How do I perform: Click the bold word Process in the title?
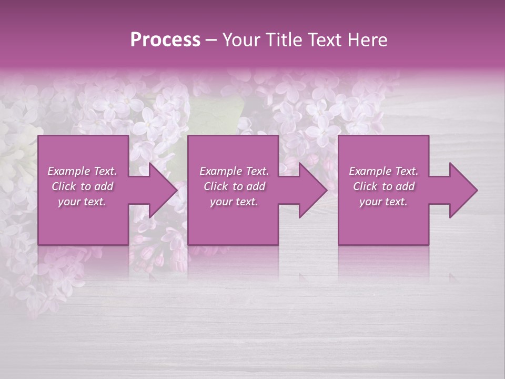[x=165, y=40]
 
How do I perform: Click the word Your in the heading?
[x=243, y=40]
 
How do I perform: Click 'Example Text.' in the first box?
[x=82, y=171]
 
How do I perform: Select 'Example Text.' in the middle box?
[x=234, y=171]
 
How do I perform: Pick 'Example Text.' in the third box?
[x=383, y=171]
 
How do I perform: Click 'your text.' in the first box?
[x=82, y=202]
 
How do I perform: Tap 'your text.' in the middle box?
[x=234, y=202]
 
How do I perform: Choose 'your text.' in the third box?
[x=383, y=202]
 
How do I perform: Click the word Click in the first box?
[x=64, y=186]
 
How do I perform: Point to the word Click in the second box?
[x=216, y=186]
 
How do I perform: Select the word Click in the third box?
[x=365, y=186]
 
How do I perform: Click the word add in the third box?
[x=405, y=186]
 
